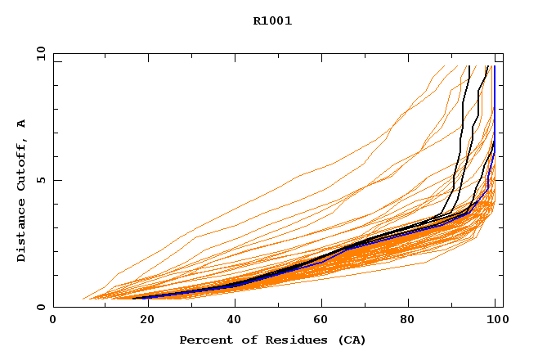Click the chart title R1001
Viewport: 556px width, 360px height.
[x=272, y=21]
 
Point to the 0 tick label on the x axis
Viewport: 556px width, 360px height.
[x=53, y=321]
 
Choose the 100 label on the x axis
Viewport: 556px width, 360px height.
[x=496, y=321]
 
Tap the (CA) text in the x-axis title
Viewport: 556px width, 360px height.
[x=352, y=340]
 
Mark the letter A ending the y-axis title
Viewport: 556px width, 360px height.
[x=21, y=124]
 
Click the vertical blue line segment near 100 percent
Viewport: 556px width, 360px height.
[x=494, y=98]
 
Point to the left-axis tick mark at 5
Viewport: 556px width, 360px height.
[x=56, y=180]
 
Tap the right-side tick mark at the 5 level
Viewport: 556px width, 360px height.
[x=500, y=180]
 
